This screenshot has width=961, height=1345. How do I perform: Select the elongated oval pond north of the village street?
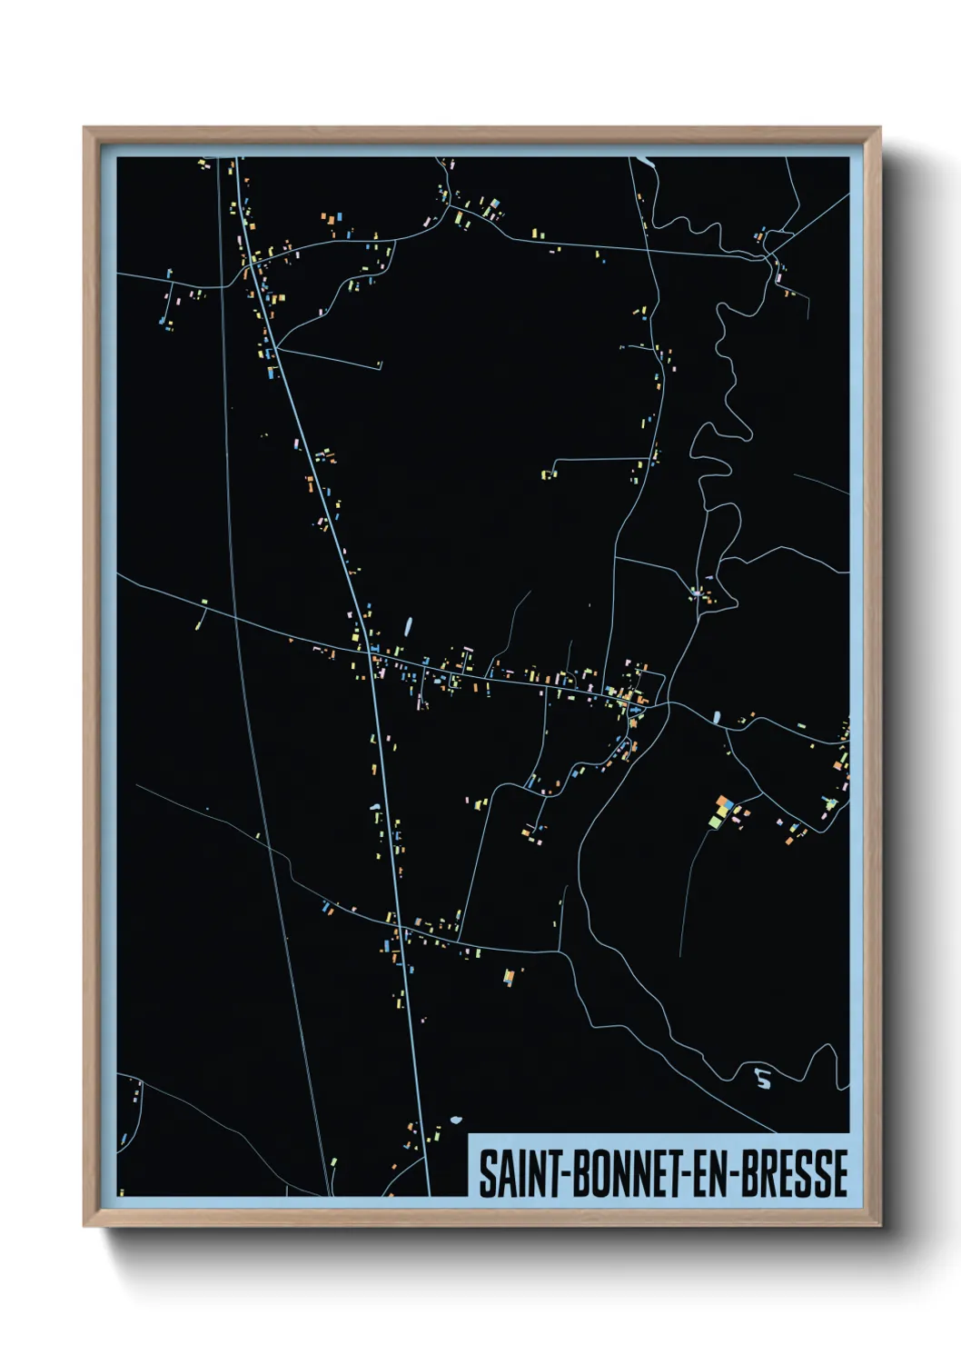click(x=408, y=625)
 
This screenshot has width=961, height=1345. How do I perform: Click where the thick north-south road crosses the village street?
click(x=371, y=652)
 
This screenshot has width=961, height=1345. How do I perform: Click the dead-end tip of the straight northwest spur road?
click(x=380, y=367)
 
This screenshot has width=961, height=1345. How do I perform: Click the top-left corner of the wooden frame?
click(x=84, y=128)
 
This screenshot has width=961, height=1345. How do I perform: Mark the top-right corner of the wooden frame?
click(x=879, y=128)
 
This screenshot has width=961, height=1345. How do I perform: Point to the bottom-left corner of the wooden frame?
click(x=84, y=1226)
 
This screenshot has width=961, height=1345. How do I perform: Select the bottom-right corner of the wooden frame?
click(x=879, y=1226)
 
